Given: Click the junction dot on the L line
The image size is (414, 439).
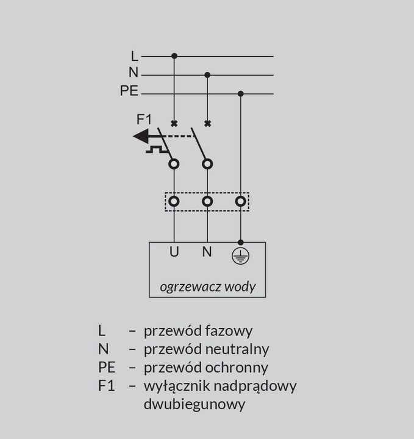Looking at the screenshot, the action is (x=174, y=56).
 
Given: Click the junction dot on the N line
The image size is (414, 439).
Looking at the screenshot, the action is (x=207, y=75).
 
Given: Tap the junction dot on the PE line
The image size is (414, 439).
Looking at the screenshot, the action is (x=240, y=93).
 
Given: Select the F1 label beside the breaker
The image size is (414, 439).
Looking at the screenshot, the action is (x=144, y=120).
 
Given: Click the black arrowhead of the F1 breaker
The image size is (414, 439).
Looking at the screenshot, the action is (x=141, y=137).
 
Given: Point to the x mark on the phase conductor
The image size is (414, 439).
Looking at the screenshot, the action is (x=174, y=123).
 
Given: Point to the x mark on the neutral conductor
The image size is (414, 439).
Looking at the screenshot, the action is (x=207, y=123).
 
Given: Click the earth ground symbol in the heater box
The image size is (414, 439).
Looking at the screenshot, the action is (x=240, y=256).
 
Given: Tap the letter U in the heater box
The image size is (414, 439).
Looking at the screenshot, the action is (x=174, y=252).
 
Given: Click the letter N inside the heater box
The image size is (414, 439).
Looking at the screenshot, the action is (x=207, y=252).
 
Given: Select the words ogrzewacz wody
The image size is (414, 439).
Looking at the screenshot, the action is (x=208, y=287).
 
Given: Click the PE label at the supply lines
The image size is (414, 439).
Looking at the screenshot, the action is (x=129, y=91).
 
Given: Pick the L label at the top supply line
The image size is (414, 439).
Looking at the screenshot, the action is (x=135, y=56).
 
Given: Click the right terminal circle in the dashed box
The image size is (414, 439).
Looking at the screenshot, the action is (x=240, y=201).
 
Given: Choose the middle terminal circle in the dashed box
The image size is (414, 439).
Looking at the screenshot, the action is (x=207, y=201).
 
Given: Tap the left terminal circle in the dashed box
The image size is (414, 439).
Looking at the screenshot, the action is (x=174, y=201).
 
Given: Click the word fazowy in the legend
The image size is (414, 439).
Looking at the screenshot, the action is (x=229, y=331).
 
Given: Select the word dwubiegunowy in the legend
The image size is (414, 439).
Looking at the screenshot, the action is (x=195, y=404).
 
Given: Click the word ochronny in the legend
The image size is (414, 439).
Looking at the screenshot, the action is (x=237, y=368).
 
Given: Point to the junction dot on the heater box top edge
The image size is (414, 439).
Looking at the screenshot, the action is (x=240, y=242).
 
